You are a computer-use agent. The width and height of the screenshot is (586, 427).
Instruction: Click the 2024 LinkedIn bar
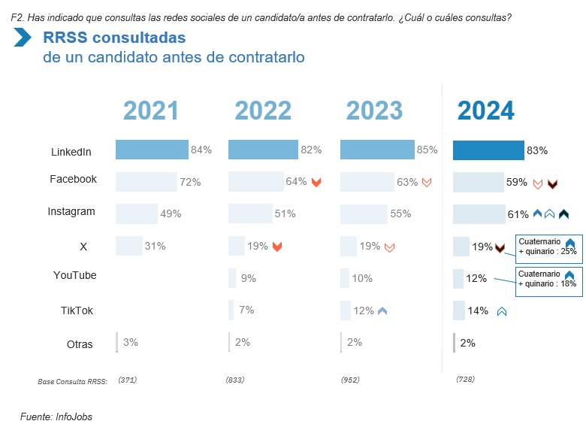click(x=488, y=150)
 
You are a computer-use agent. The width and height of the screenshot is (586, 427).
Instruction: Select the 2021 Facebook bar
click(x=146, y=182)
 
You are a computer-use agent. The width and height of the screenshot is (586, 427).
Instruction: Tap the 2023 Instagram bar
click(x=364, y=214)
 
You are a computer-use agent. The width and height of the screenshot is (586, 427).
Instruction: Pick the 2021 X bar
click(x=128, y=246)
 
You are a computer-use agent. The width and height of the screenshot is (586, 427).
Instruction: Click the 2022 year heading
click(x=263, y=111)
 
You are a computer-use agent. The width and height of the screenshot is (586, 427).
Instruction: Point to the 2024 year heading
click(x=486, y=111)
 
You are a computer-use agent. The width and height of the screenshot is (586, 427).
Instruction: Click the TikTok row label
click(x=77, y=310)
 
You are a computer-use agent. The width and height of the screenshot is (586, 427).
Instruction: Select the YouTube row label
click(x=75, y=275)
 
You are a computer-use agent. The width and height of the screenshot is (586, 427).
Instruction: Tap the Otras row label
click(x=80, y=344)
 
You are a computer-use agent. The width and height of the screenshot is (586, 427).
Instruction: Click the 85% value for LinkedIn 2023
click(x=427, y=150)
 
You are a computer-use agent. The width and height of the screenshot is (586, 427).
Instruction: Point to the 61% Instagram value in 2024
click(x=518, y=214)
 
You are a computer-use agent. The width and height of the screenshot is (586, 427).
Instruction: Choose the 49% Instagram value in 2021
click(x=171, y=214)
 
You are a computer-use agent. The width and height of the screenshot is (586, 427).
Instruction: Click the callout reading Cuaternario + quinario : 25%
click(x=547, y=247)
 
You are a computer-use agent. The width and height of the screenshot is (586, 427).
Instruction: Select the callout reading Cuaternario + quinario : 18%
click(x=547, y=279)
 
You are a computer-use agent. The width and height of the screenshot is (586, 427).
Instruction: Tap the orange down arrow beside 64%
click(x=316, y=182)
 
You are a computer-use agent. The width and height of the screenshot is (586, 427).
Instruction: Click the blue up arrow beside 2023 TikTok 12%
click(x=382, y=310)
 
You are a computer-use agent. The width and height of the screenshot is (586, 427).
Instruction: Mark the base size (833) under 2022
click(x=235, y=380)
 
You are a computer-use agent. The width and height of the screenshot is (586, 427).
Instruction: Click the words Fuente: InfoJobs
click(x=56, y=416)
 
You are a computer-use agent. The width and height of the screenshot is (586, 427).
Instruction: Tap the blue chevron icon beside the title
click(x=22, y=37)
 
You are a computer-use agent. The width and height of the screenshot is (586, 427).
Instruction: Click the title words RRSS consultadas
click(x=114, y=37)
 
